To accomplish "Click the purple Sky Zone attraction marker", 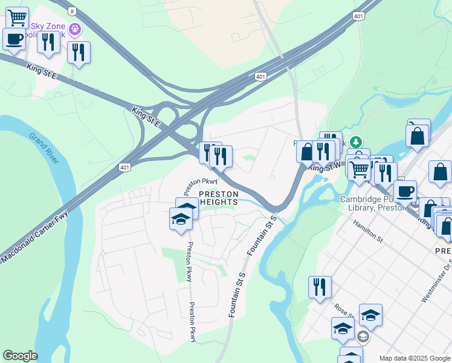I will pyautogui.click(x=75, y=28).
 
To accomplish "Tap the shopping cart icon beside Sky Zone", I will pyautogui.click(x=18, y=18).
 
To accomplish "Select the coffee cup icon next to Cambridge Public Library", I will pyautogui.click(x=405, y=191).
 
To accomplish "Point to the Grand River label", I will pyautogui.click(x=45, y=148).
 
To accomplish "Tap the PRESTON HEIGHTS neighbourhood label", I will pyautogui.click(x=219, y=197).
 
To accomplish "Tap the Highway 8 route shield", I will pyautogui.click(x=73, y=11).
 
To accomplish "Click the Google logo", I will pyautogui.click(x=20, y=356).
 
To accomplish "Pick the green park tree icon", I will pyautogui.click(x=357, y=142).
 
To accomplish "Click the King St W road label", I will pyautogui.click(x=321, y=166).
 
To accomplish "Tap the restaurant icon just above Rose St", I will pyautogui.click(x=320, y=287).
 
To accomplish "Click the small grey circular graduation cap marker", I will pyautogui.click(x=363, y=336).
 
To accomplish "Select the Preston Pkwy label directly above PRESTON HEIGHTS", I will pyautogui.click(x=201, y=181).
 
